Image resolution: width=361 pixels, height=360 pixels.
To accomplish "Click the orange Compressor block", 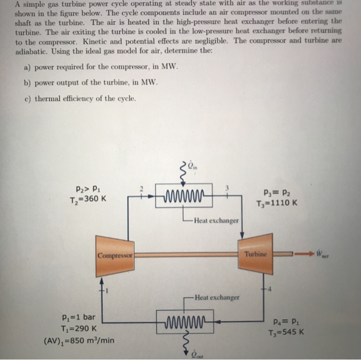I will point(114,255).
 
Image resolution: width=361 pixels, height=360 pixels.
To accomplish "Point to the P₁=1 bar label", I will point(75,317).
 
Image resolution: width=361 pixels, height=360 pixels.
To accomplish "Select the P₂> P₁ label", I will point(85,189).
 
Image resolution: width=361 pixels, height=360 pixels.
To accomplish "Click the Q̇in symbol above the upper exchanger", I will point(192,166).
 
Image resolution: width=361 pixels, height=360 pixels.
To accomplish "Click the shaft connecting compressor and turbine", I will point(186,254).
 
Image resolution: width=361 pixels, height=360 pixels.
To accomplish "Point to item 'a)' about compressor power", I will point(101,67).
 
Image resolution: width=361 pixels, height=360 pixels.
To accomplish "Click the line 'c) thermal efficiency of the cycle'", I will point(86,99).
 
